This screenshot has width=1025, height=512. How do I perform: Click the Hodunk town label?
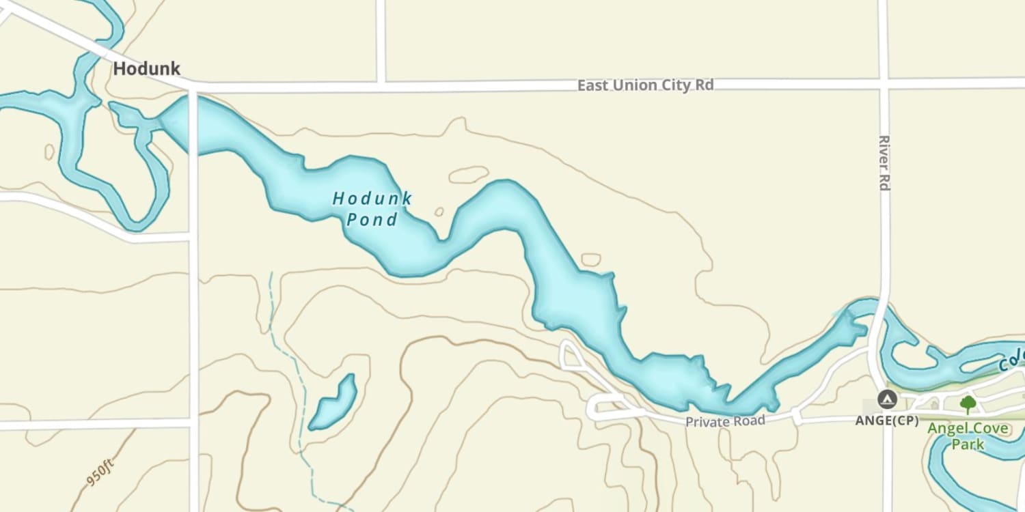(x=147, y=69)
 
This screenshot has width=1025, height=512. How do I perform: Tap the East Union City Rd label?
(x=645, y=85)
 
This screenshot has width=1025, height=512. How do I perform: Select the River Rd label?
(x=884, y=162)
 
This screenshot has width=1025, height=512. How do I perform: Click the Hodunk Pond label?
(x=372, y=209)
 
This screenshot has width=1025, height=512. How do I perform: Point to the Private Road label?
(x=725, y=421)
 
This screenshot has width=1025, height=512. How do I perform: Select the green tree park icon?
(x=968, y=404)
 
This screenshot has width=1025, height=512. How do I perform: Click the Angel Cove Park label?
(x=968, y=436)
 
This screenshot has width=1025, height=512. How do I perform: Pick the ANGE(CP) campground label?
(x=887, y=421)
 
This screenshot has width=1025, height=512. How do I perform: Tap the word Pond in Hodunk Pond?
(x=372, y=220)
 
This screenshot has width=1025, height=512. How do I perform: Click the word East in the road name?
(x=592, y=85)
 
